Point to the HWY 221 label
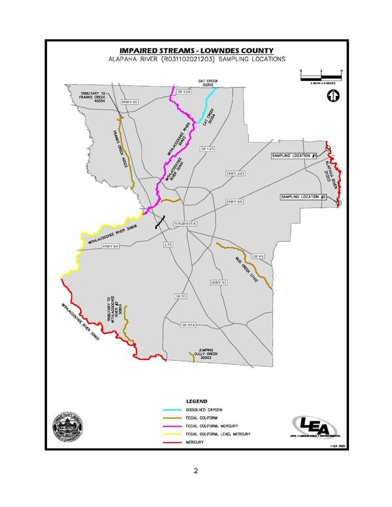[x=235, y=174]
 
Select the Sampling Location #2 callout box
[x=303, y=197]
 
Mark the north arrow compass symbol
[x=333, y=97]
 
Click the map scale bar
[x=322, y=77]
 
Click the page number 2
[x=195, y=470]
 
